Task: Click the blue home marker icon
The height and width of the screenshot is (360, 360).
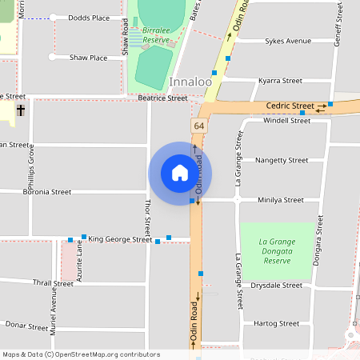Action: tap(180, 173)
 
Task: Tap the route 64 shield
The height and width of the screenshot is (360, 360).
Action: tap(198, 126)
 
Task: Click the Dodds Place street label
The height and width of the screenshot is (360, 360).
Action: tap(89, 17)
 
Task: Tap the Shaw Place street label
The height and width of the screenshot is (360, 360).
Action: tap(88, 58)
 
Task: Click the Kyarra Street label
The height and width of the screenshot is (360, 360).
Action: tap(280, 81)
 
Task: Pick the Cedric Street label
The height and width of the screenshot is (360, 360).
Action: tap(290, 106)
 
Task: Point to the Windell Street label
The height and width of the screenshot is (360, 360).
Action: tap(286, 121)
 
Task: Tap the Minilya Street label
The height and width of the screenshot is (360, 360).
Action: tap(281, 200)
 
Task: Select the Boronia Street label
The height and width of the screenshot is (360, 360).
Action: tap(47, 192)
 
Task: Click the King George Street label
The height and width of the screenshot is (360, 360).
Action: tap(120, 239)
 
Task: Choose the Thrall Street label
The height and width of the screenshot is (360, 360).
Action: tap(53, 283)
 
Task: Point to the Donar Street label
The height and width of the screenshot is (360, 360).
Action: tap(27, 326)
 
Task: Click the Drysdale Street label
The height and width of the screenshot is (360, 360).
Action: tap(276, 285)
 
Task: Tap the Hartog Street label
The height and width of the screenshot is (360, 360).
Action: tap(275, 323)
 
